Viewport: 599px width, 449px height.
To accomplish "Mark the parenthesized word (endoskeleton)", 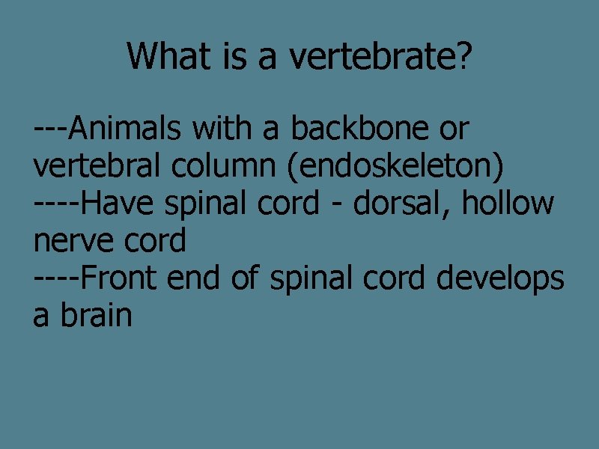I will tap(395, 166).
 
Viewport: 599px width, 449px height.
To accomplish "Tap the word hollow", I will tap(508, 204).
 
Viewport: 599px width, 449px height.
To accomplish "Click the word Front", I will tap(120, 278).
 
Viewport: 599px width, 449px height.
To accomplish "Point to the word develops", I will tap(499, 278).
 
